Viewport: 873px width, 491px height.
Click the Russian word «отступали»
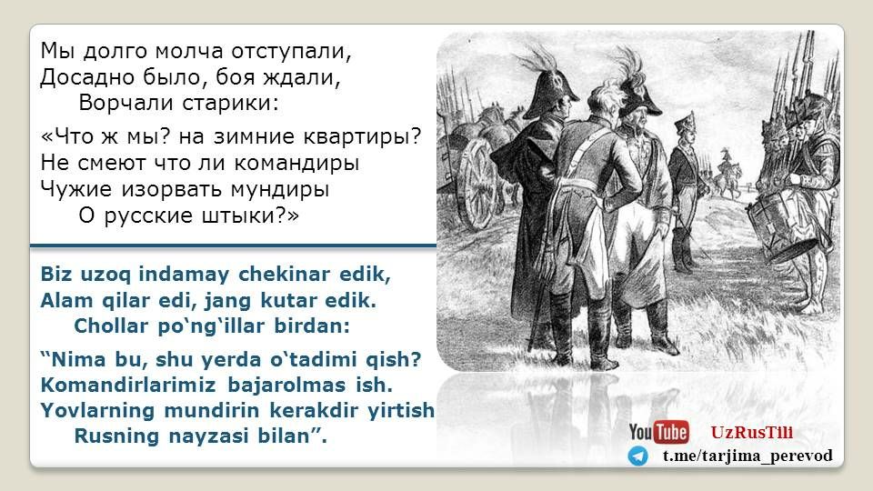point(292,52)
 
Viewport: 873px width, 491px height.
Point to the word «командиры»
point(296,163)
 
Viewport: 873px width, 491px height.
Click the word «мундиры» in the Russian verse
point(279,190)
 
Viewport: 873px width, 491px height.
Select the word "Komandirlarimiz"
point(128,385)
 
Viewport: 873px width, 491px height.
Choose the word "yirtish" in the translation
point(401,410)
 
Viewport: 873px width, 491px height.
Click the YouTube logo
point(658,432)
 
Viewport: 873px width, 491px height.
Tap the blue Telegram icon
point(638,456)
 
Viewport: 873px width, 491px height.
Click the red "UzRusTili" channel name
point(752,433)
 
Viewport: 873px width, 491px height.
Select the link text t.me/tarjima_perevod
point(748,456)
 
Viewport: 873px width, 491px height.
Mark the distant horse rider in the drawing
point(726,174)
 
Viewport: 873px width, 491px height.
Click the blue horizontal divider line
point(233,245)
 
